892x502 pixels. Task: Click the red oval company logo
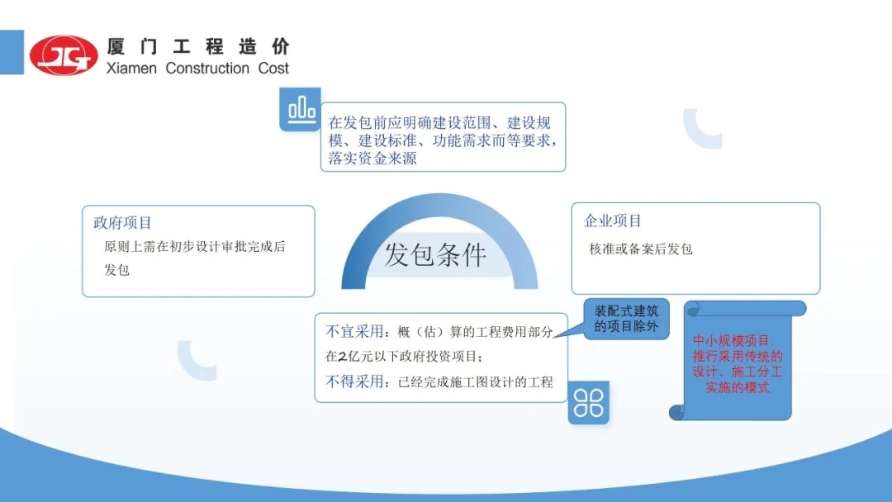click(x=63, y=54)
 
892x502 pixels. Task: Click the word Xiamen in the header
click(x=131, y=69)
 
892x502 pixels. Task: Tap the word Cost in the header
click(x=273, y=69)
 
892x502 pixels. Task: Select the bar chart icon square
click(x=301, y=109)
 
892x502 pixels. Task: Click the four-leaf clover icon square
click(x=588, y=403)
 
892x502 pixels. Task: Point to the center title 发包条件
click(x=435, y=254)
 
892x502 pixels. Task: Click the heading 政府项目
click(x=122, y=223)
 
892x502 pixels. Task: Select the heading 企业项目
click(x=613, y=220)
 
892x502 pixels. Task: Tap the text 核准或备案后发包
click(x=641, y=249)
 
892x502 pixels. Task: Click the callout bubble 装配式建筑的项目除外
click(x=626, y=319)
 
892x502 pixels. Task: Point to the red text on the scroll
click(x=738, y=364)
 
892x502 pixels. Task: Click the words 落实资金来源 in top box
click(x=372, y=159)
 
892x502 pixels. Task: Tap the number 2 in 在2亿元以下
click(x=342, y=357)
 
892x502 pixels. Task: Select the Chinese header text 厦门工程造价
click(x=198, y=46)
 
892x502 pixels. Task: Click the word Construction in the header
click(x=207, y=69)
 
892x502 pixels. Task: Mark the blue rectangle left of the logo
click(x=12, y=52)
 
